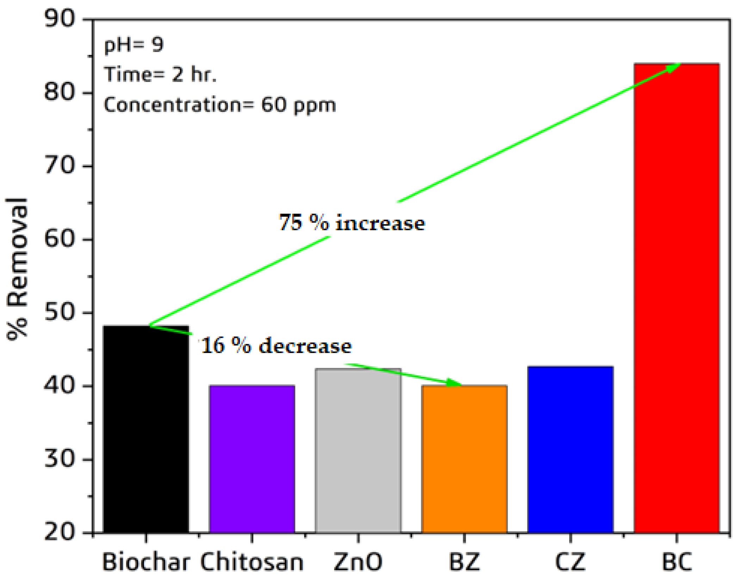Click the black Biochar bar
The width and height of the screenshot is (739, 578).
(146, 429)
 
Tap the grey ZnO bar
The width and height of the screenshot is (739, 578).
(358, 451)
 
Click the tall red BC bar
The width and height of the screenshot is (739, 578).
(676, 299)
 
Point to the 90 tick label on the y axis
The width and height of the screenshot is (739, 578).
(60, 18)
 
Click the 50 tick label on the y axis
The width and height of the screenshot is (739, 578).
(60, 313)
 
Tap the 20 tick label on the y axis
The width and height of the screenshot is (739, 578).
(60, 533)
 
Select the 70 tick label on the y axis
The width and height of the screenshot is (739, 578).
(60, 165)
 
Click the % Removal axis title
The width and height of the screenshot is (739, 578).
(17, 269)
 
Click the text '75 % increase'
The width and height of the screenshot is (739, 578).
(352, 222)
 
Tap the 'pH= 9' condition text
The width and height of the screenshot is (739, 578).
(134, 45)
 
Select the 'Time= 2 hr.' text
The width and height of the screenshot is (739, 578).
(160, 75)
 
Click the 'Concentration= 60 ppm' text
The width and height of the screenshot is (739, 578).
(220, 105)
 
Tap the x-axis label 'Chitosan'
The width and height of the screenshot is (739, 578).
(252, 562)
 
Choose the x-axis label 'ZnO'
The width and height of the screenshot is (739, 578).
(358, 562)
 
